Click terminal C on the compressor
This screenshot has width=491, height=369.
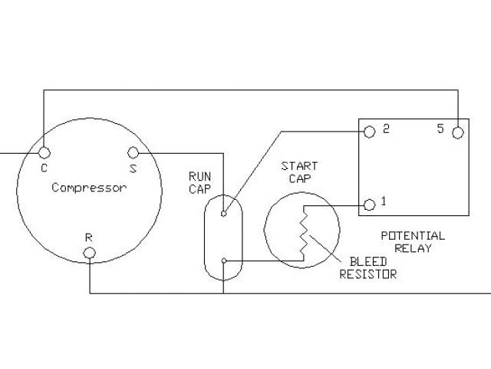coord(44,152)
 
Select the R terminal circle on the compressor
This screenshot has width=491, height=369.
coord(90,253)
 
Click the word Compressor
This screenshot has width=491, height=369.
coord(89,188)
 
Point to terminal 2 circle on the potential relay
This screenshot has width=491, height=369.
coord(369,131)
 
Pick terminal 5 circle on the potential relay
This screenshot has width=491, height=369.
coord(458,131)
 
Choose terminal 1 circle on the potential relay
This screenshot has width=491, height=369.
coord(369,204)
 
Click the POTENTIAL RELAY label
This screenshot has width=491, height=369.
coord(412,241)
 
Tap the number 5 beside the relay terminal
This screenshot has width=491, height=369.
coord(440,128)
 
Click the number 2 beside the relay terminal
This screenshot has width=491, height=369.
coord(385,128)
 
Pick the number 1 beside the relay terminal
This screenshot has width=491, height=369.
coord(383,202)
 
